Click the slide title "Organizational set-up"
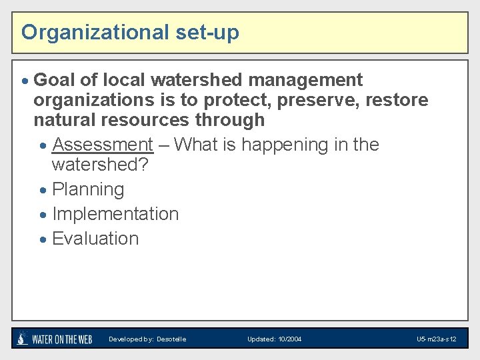130,32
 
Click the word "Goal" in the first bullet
54,80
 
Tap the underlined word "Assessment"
103,145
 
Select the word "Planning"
88,189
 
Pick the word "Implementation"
115,214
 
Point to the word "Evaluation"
95,239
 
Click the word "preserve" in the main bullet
319,101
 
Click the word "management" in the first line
305,80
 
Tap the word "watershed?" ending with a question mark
99,165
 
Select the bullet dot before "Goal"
25,81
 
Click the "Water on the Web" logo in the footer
55,339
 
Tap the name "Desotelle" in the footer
171,339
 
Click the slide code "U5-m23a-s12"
436,339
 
